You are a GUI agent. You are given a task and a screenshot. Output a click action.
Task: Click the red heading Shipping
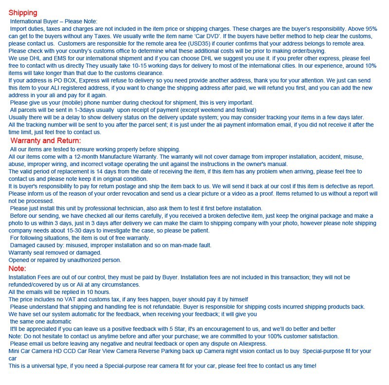23,13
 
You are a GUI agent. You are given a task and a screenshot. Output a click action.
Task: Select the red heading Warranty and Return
46,141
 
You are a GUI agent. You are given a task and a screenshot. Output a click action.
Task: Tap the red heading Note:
18,268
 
